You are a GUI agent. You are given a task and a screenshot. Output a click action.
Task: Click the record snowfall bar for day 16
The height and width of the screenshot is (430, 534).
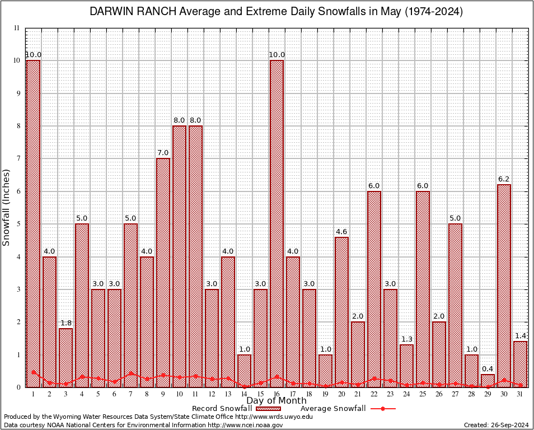277,224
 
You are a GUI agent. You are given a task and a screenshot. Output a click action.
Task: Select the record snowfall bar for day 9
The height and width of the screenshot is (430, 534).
163,273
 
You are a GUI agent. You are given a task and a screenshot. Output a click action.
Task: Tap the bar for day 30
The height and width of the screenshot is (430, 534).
504,286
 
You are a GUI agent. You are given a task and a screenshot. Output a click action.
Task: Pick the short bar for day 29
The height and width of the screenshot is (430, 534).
488,381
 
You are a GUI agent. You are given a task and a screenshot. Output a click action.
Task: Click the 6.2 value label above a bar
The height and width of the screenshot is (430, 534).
504,179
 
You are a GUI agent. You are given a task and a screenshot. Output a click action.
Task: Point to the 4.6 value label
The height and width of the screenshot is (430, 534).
341,231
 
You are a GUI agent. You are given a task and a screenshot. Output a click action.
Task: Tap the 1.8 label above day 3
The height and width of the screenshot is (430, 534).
65,322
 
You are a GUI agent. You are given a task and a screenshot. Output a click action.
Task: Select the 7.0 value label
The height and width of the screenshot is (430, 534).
163,152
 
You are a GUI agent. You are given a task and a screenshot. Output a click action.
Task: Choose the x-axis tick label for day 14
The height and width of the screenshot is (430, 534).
244,394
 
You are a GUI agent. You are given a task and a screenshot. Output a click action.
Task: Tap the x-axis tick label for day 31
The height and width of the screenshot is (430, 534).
520,394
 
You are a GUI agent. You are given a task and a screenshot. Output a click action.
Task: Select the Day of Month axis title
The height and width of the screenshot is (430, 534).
277,401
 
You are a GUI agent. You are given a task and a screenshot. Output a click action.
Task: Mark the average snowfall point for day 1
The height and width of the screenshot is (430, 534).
33,372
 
